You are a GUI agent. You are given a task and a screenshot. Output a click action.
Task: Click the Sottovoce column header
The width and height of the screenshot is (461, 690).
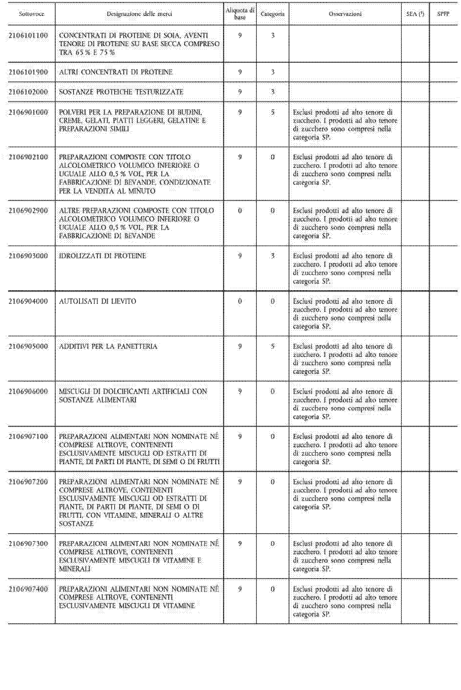coord(31,14)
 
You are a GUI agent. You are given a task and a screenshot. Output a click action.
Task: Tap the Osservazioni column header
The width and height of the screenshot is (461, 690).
coord(345,14)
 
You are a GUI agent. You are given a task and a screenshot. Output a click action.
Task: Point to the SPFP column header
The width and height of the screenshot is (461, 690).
coord(443,14)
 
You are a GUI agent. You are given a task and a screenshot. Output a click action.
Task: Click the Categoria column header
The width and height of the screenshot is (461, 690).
coord(272,14)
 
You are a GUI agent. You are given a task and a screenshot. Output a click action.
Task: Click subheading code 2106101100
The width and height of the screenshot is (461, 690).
coord(28,35)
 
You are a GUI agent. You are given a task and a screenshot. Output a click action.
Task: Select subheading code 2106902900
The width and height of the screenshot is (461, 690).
coord(28,211)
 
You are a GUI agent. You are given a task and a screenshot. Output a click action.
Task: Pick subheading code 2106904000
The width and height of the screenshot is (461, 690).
coord(28,301)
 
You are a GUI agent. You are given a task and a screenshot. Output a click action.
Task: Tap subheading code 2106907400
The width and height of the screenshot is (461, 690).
coord(28,589)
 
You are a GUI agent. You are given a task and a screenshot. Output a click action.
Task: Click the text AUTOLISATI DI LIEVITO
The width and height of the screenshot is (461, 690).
coord(98,301)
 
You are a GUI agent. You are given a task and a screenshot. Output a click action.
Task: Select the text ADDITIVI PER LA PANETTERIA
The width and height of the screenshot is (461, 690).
coord(108,346)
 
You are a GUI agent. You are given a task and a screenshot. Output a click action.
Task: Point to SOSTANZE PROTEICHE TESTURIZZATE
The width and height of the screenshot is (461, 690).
coord(121,92)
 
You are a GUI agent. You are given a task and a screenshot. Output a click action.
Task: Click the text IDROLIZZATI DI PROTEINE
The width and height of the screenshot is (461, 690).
coord(103,256)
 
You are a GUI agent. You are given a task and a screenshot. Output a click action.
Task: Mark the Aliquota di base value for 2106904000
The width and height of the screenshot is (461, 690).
coord(240,301)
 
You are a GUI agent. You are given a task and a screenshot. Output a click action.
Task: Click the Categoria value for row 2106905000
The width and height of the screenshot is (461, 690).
coord(272,346)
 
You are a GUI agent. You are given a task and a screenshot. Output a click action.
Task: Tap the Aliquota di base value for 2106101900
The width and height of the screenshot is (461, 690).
coord(240,72)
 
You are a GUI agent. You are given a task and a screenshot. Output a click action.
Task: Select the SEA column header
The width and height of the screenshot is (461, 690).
coord(415,14)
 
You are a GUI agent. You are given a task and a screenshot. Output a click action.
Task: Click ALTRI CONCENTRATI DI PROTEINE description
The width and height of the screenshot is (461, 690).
coord(116,72)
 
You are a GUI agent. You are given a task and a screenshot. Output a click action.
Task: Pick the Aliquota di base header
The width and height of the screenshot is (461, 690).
coord(240,14)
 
